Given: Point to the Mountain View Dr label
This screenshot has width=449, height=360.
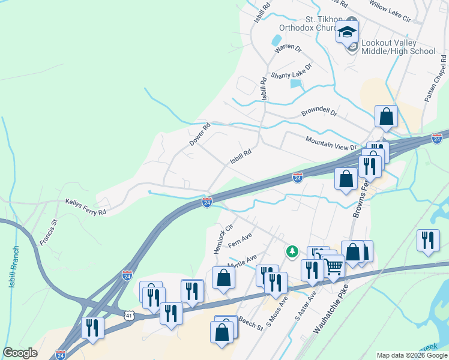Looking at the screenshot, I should coord(330,143).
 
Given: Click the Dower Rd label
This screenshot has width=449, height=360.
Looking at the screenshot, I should coord(200,134).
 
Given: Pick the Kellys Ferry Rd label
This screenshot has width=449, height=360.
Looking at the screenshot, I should coord(85,208).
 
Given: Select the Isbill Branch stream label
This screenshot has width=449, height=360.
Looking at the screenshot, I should coord(14,266).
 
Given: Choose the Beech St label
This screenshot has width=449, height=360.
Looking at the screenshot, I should coord(250,323).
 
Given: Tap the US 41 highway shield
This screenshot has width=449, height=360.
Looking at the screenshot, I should coord(130,314).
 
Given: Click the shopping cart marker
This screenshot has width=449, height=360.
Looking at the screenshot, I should coord(333,266).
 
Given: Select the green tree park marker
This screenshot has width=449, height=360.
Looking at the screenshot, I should coord(292,251).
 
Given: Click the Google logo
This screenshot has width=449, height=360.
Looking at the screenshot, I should coord(20,353).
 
